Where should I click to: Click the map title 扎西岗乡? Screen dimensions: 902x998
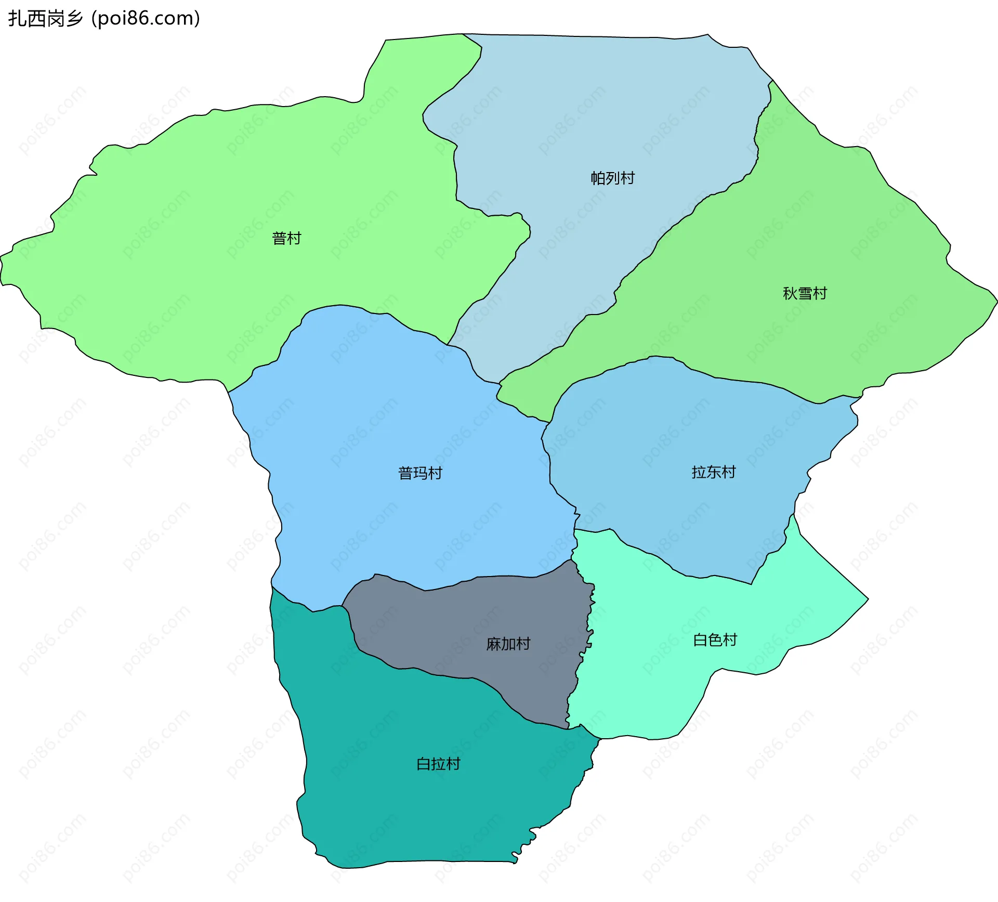pyautogui.click(x=46, y=19)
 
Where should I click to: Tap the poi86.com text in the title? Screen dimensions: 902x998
pyautogui.click(x=146, y=19)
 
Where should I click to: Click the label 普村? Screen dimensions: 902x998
pyautogui.click(x=286, y=239)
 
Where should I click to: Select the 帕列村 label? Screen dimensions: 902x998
pyautogui.click(x=612, y=178)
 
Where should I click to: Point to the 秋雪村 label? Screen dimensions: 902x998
pyautogui.click(x=805, y=294)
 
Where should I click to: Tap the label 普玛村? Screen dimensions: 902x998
pyautogui.click(x=420, y=473)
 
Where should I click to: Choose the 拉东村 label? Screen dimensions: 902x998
pyautogui.click(x=714, y=472)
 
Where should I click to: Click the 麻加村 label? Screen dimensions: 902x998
pyautogui.click(x=508, y=644)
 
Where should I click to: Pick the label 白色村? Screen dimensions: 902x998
pyautogui.click(x=715, y=640)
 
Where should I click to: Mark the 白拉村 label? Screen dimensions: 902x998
pyautogui.click(x=438, y=764)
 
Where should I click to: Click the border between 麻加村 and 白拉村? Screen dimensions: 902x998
pyautogui.click(x=442, y=676)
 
